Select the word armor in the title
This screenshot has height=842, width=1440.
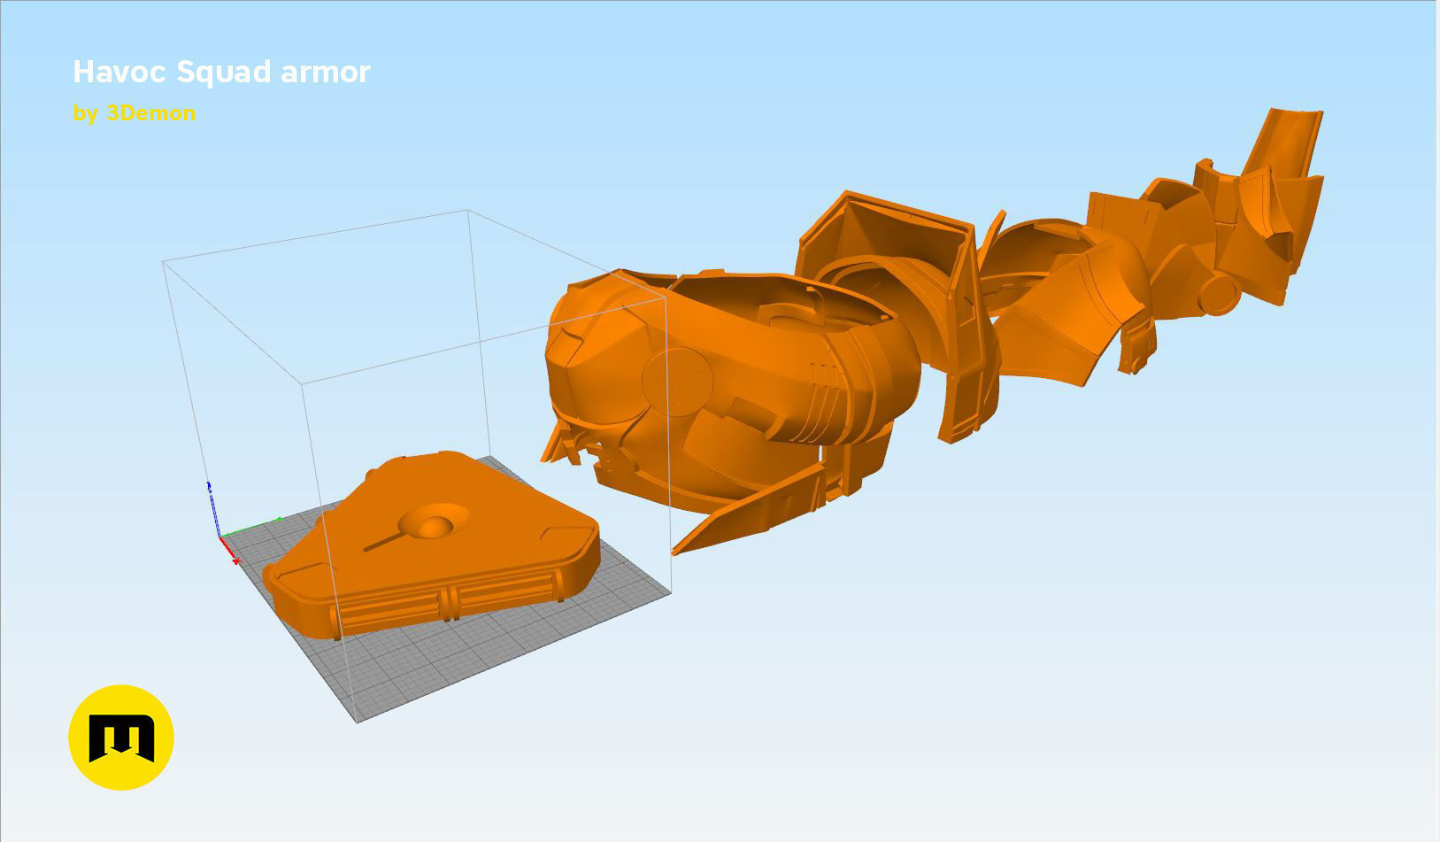point(326,73)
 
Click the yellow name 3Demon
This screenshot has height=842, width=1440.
point(151,113)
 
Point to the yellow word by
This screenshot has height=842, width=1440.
point(86,114)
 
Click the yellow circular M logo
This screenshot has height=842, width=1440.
point(121,738)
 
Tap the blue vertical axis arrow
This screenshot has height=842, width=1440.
point(212,508)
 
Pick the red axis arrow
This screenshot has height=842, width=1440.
point(229,550)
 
